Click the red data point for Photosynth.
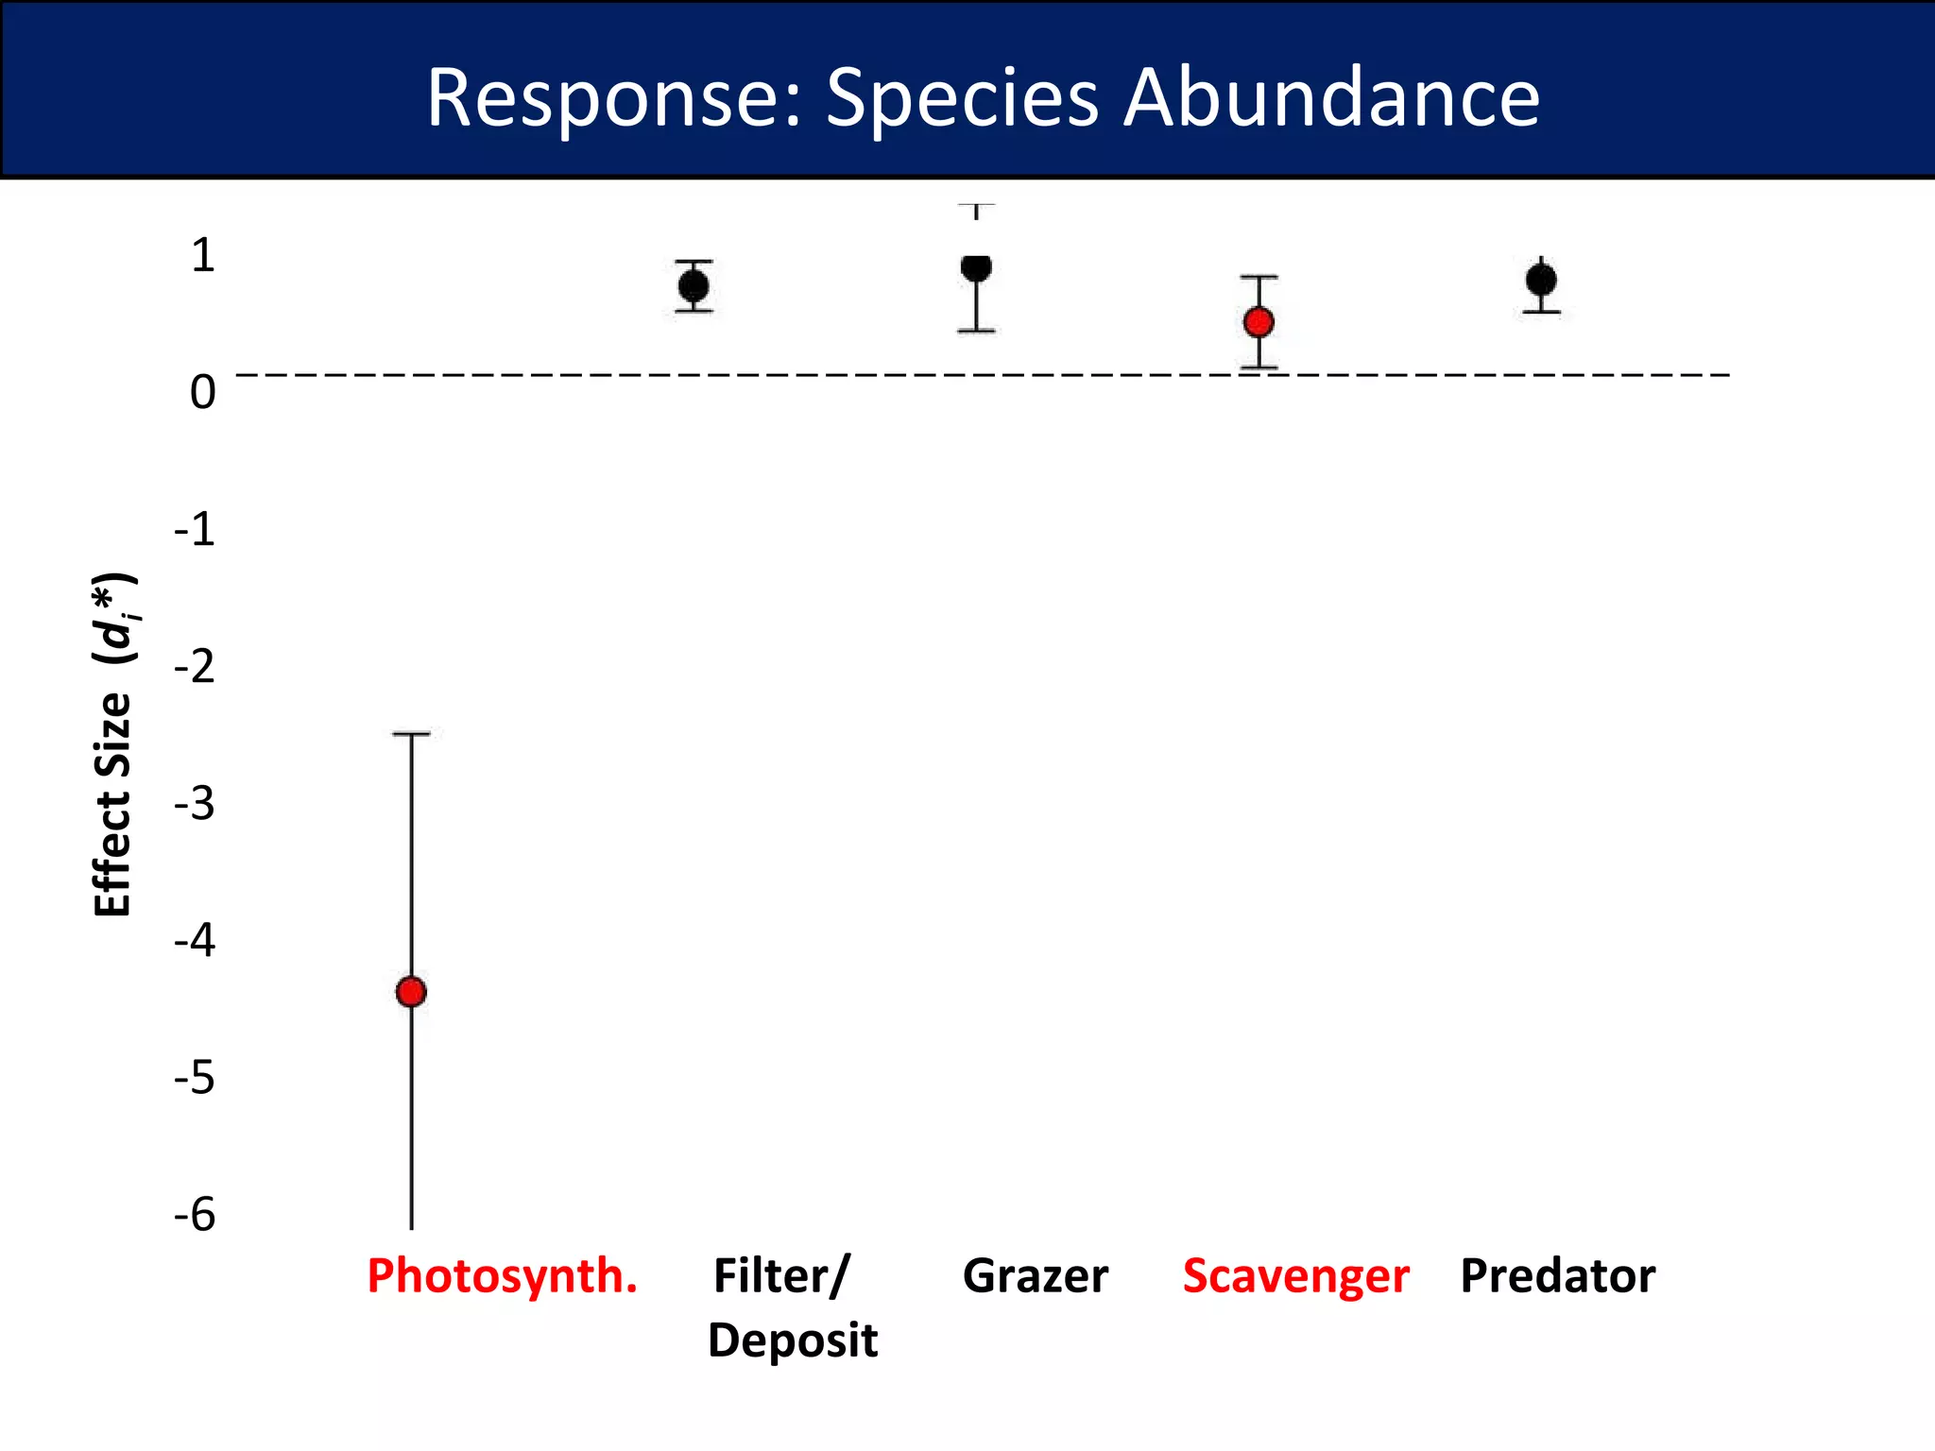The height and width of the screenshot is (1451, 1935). click(x=411, y=992)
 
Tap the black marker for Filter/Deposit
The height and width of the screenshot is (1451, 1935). click(x=694, y=285)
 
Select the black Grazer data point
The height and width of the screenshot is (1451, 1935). click(x=976, y=267)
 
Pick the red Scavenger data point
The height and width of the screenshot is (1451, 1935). click(x=1259, y=322)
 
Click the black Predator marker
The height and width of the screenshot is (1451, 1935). click(x=1541, y=280)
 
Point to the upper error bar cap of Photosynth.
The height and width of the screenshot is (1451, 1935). click(x=411, y=734)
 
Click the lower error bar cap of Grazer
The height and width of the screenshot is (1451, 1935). click(x=976, y=331)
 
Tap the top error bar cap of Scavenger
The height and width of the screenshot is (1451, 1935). click(x=1259, y=278)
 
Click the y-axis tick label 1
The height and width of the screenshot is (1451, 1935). click(x=203, y=255)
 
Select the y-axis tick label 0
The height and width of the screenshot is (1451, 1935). click(x=203, y=392)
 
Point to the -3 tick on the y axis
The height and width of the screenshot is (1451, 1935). click(x=195, y=804)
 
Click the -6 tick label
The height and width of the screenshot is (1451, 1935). click(x=195, y=1215)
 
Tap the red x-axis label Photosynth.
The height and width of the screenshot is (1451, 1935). click(x=503, y=1276)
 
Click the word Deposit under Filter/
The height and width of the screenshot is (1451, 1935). click(x=792, y=1340)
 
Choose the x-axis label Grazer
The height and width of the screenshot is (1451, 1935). click(x=1036, y=1276)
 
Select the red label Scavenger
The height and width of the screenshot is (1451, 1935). click(x=1295, y=1276)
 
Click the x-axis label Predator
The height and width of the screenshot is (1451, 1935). click(x=1557, y=1276)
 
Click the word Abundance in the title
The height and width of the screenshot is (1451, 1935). click(x=1331, y=97)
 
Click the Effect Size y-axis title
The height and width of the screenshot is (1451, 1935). click(x=113, y=746)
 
